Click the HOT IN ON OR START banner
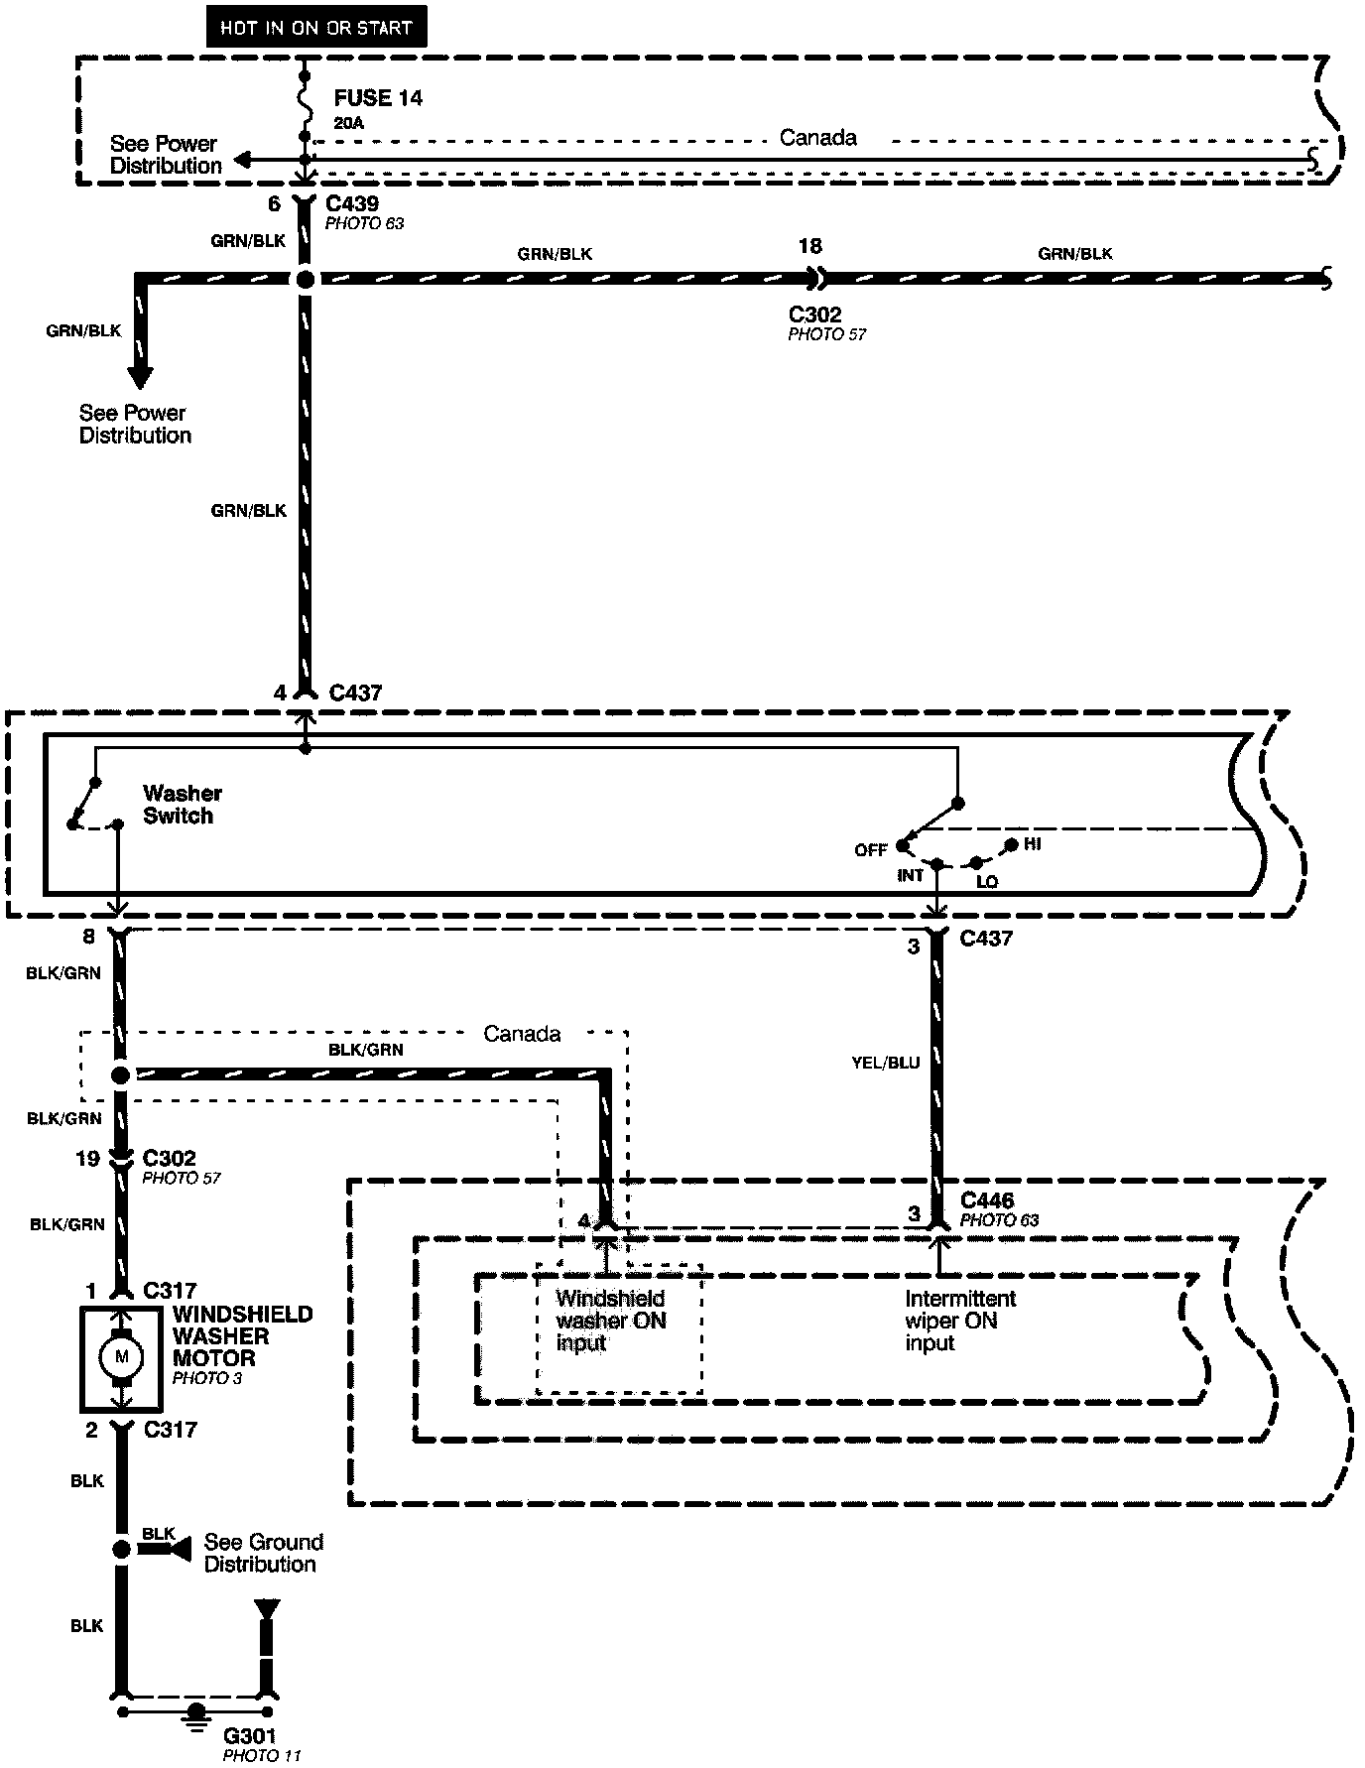click(x=315, y=28)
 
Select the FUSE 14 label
click(x=378, y=98)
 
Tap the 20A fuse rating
click(x=349, y=124)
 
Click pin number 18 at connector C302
click(x=809, y=246)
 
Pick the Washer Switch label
click(x=182, y=805)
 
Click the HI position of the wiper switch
click(x=1033, y=843)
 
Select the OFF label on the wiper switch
click(x=870, y=850)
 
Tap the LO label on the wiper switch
click(x=987, y=881)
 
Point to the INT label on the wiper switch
click(x=911, y=875)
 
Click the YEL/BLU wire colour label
click(x=886, y=1063)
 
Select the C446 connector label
click(x=987, y=1200)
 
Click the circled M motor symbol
click(x=121, y=1356)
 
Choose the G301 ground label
click(x=250, y=1736)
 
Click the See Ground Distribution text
click(x=263, y=1553)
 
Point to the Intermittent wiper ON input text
click(x=960, y=1321)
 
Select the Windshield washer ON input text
click(x=610, y=1321)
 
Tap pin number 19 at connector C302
click(x=88, y=1158)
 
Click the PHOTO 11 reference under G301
click(x=261, y=1756)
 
